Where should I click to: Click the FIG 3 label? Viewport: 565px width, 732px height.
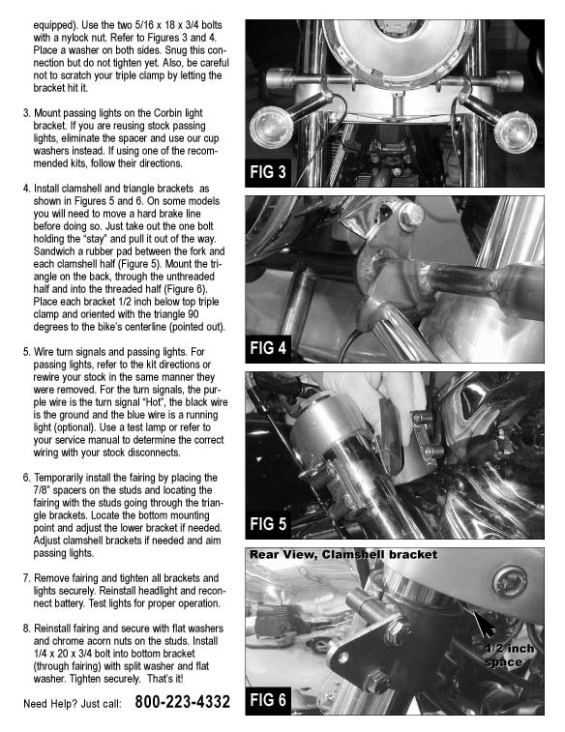pos(268,172)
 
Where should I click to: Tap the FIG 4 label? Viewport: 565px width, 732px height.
pos(268,348)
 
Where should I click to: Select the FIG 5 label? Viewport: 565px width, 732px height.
pos(268,524)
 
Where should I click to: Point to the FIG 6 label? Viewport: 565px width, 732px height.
pos(268,700)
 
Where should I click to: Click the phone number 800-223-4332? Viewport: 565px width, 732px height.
pos(183,702)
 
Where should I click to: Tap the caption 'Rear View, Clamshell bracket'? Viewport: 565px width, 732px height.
pos(343,555)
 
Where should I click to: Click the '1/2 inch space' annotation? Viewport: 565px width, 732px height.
pos(509,656)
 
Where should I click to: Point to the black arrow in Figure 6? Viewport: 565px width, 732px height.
pos(484,624)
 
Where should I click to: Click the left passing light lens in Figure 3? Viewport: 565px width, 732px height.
pos(271,126)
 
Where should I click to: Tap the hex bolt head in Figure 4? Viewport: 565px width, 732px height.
pos(411,216)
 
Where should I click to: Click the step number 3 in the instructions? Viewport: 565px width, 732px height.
pos(27,113)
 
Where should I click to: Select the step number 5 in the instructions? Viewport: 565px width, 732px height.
pos(27,352)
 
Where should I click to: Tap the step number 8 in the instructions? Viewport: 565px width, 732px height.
pos(27,629)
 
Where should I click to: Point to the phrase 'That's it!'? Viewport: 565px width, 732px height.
pos(165,679)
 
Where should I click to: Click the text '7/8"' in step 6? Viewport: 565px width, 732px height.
pos(42,490)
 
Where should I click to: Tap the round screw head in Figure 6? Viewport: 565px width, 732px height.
pos(510,582)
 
